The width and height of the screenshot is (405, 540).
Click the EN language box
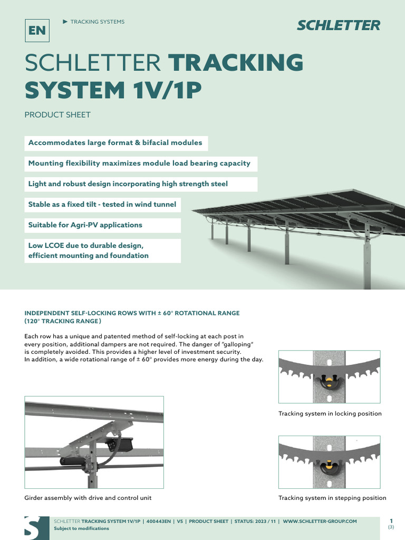[37, 31]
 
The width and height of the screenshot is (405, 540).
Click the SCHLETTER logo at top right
[338, 25]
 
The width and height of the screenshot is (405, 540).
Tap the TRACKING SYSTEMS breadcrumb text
[97, 22]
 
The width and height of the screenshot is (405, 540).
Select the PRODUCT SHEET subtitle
[57, 114]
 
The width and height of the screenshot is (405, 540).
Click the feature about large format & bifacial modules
[115, 143]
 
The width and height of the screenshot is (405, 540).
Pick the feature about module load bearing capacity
[139, 163]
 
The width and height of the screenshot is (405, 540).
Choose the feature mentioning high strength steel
[128, 184]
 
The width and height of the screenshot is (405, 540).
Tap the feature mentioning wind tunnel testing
[102, 205]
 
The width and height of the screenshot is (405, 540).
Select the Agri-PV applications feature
[85, 225]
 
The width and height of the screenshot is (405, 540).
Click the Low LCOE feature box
[88, 250]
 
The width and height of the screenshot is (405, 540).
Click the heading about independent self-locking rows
[132, 317]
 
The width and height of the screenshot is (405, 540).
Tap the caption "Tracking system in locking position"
[330, 413]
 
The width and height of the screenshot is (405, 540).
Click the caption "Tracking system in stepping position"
[332, 498]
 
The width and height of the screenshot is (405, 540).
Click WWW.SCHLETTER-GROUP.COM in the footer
[320, 521]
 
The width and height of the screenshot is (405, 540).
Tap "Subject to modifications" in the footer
[82, 528]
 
